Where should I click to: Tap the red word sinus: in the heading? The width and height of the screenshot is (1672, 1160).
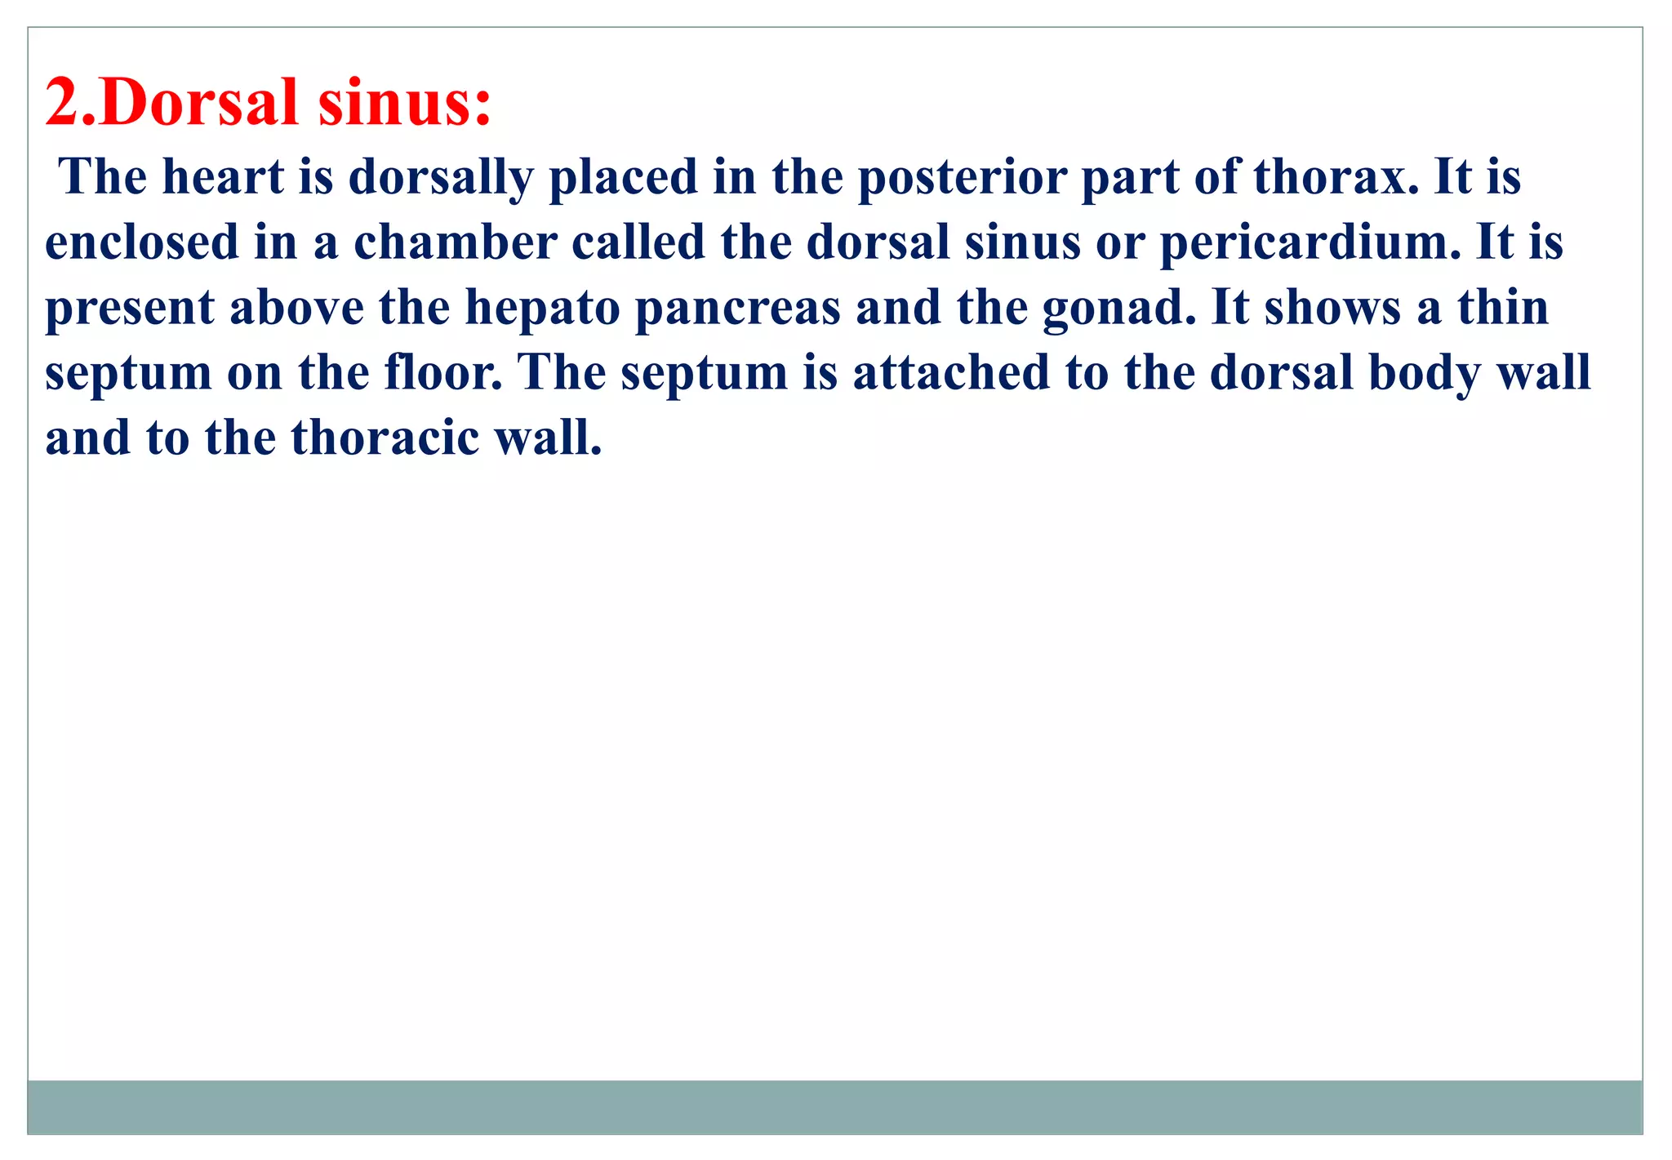coord(405,103)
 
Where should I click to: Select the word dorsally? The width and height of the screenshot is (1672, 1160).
coord(441,178)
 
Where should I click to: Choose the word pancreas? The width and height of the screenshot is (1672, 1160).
coord(738,309)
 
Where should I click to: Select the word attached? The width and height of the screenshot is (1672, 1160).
coord(951,373)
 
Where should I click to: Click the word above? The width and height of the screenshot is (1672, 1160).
coord(296,308)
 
